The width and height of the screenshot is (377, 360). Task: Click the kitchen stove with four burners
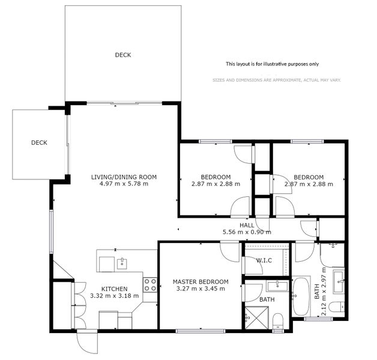tap(150, 284)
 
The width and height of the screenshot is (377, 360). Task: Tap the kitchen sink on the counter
tap(122, 262)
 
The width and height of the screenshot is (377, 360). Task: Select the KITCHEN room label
tap(114, 289)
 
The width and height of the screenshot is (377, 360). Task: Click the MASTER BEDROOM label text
tap(200, 281)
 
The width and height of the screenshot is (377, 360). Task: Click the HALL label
tap(246, 225)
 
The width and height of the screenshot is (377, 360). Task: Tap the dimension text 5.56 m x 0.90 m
tap(246, 232)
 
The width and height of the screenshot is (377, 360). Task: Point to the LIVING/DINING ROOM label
tap(124, 176)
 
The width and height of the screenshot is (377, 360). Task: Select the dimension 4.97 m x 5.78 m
tap(124, 184)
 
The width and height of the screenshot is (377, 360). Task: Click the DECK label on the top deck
tap(123, 55)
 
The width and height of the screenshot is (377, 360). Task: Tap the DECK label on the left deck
tap(39, 143)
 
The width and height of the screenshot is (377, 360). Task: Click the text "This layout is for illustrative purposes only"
tap(272, 64)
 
